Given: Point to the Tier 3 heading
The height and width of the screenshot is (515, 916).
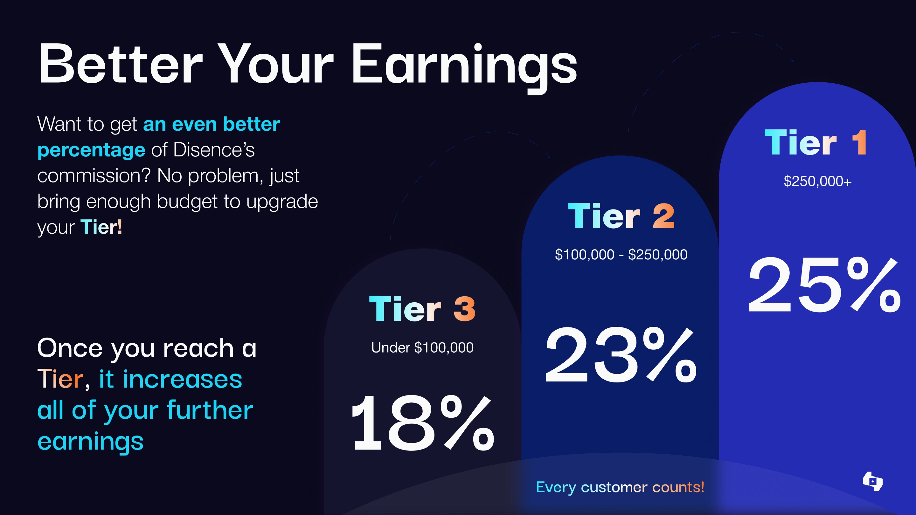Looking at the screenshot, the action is tap(422, 309).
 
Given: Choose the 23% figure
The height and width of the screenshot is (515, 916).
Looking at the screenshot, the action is tap(621, 355).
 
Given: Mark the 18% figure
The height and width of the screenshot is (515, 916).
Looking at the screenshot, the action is tap(422, 422).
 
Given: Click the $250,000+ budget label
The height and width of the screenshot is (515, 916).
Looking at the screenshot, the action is tap(817, 181).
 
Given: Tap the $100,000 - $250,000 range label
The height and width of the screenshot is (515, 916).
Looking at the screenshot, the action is tap(621, 254).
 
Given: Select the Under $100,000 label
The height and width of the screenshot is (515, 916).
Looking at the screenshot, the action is tap(422, 347).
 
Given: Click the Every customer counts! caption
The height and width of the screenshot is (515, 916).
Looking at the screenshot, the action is tap(620, 487).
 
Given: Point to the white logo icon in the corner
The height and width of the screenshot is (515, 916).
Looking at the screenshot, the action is tap(873, 481).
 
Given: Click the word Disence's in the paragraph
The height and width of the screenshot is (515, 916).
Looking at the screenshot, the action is tap(214, 150).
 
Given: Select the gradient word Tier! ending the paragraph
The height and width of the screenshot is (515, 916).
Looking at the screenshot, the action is tap(101, 227).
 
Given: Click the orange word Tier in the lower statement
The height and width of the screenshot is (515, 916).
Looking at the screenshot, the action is tap(60, 379).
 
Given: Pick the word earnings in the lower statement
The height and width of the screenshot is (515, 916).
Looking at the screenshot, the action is tap(90, 442).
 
